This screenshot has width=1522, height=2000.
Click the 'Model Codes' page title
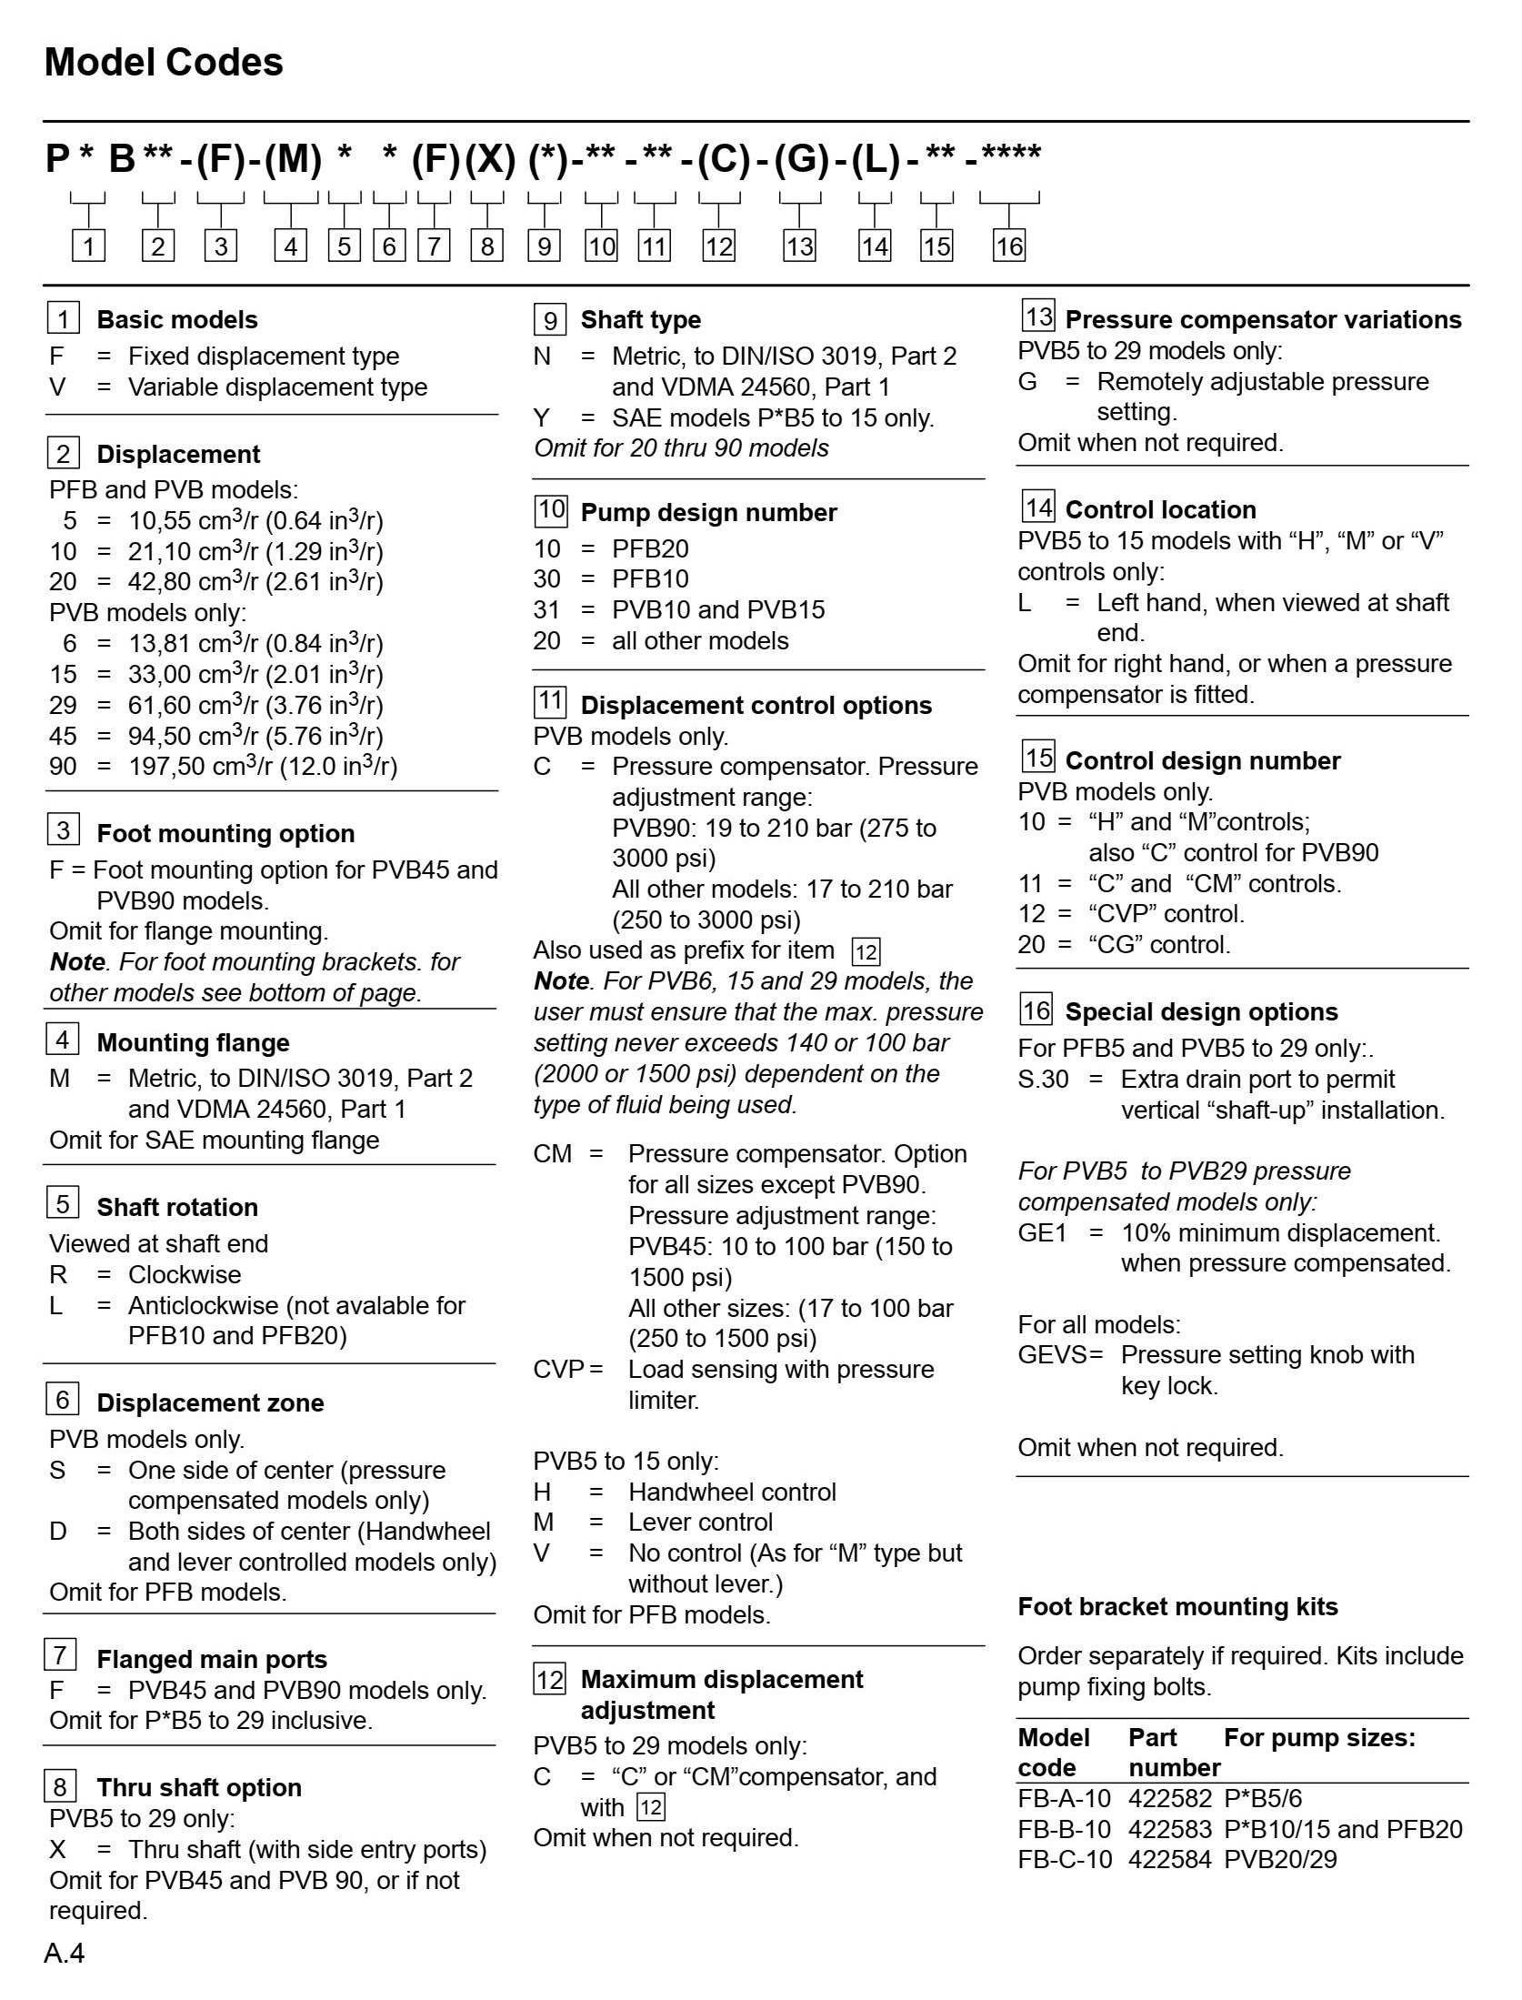coord(164,63)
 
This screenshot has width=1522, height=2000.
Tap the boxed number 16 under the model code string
coord(1008,246)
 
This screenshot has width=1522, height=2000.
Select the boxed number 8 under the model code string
coord(487,246)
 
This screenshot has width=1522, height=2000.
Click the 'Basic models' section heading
coord(177,320)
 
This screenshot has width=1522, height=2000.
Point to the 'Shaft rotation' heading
coord(177,1207)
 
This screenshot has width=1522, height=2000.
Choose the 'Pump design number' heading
coord(708,513)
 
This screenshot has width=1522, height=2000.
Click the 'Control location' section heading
coord(1160,509)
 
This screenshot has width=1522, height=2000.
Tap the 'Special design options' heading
coord(1201,1012)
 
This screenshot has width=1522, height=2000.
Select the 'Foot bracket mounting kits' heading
coord(1177,1606)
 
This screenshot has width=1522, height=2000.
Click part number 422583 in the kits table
coord(1170,1828)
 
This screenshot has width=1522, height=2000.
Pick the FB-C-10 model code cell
coord(1065,1859)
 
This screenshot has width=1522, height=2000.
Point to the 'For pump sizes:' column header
coord(1319,1738)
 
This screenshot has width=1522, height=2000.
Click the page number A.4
coord(65,1954)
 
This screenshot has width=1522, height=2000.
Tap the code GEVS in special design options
coord(1053,1355)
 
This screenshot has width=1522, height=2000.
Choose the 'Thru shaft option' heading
coord(199,1787)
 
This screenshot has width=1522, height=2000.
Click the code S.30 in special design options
coord(1043,1080)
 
